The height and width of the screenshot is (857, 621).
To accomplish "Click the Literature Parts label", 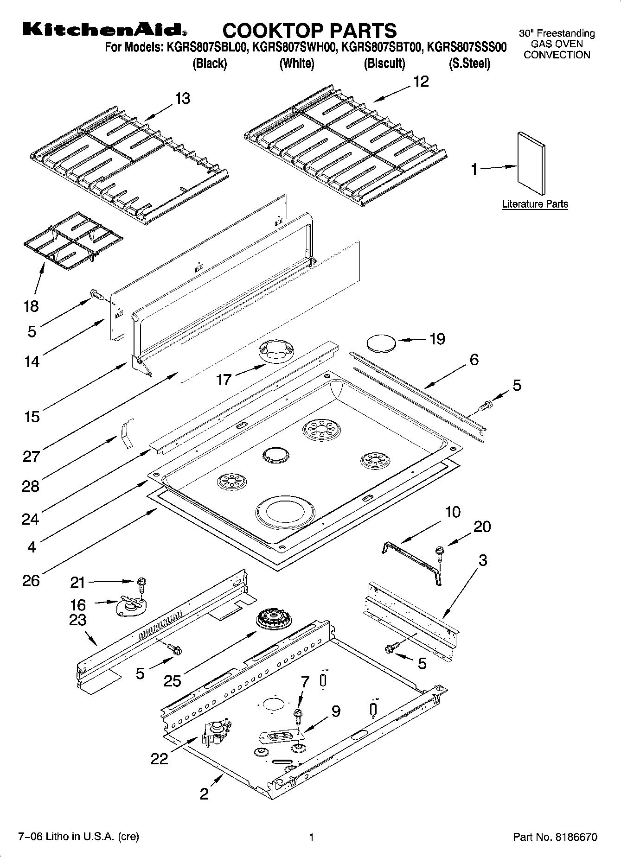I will coord(535,204).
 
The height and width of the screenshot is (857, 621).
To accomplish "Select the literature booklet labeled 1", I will coord(531,163).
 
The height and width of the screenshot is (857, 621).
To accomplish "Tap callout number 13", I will coord(183,98).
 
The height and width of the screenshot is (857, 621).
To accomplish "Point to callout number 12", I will coord(421,82).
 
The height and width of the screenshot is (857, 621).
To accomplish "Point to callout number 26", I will coord(31,580).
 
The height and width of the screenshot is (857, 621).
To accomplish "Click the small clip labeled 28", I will coord(124,435).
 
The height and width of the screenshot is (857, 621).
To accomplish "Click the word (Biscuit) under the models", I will coord(384,63).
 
